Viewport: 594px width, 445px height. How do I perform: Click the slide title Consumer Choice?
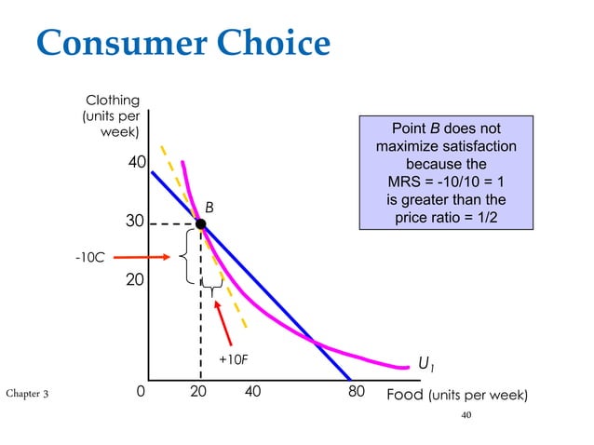183,44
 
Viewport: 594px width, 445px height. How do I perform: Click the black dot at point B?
200,223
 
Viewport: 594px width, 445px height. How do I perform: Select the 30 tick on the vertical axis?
137,224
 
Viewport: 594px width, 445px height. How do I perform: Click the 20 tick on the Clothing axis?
137,279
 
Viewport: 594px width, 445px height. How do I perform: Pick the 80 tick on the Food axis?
357,394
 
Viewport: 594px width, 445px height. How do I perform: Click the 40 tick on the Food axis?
252,394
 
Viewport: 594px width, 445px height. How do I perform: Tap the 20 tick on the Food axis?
198,394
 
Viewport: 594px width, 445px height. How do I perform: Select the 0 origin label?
141,394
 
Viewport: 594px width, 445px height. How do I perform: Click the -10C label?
89,256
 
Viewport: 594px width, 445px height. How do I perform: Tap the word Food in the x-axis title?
405,395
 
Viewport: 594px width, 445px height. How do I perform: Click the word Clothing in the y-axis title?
112,100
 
